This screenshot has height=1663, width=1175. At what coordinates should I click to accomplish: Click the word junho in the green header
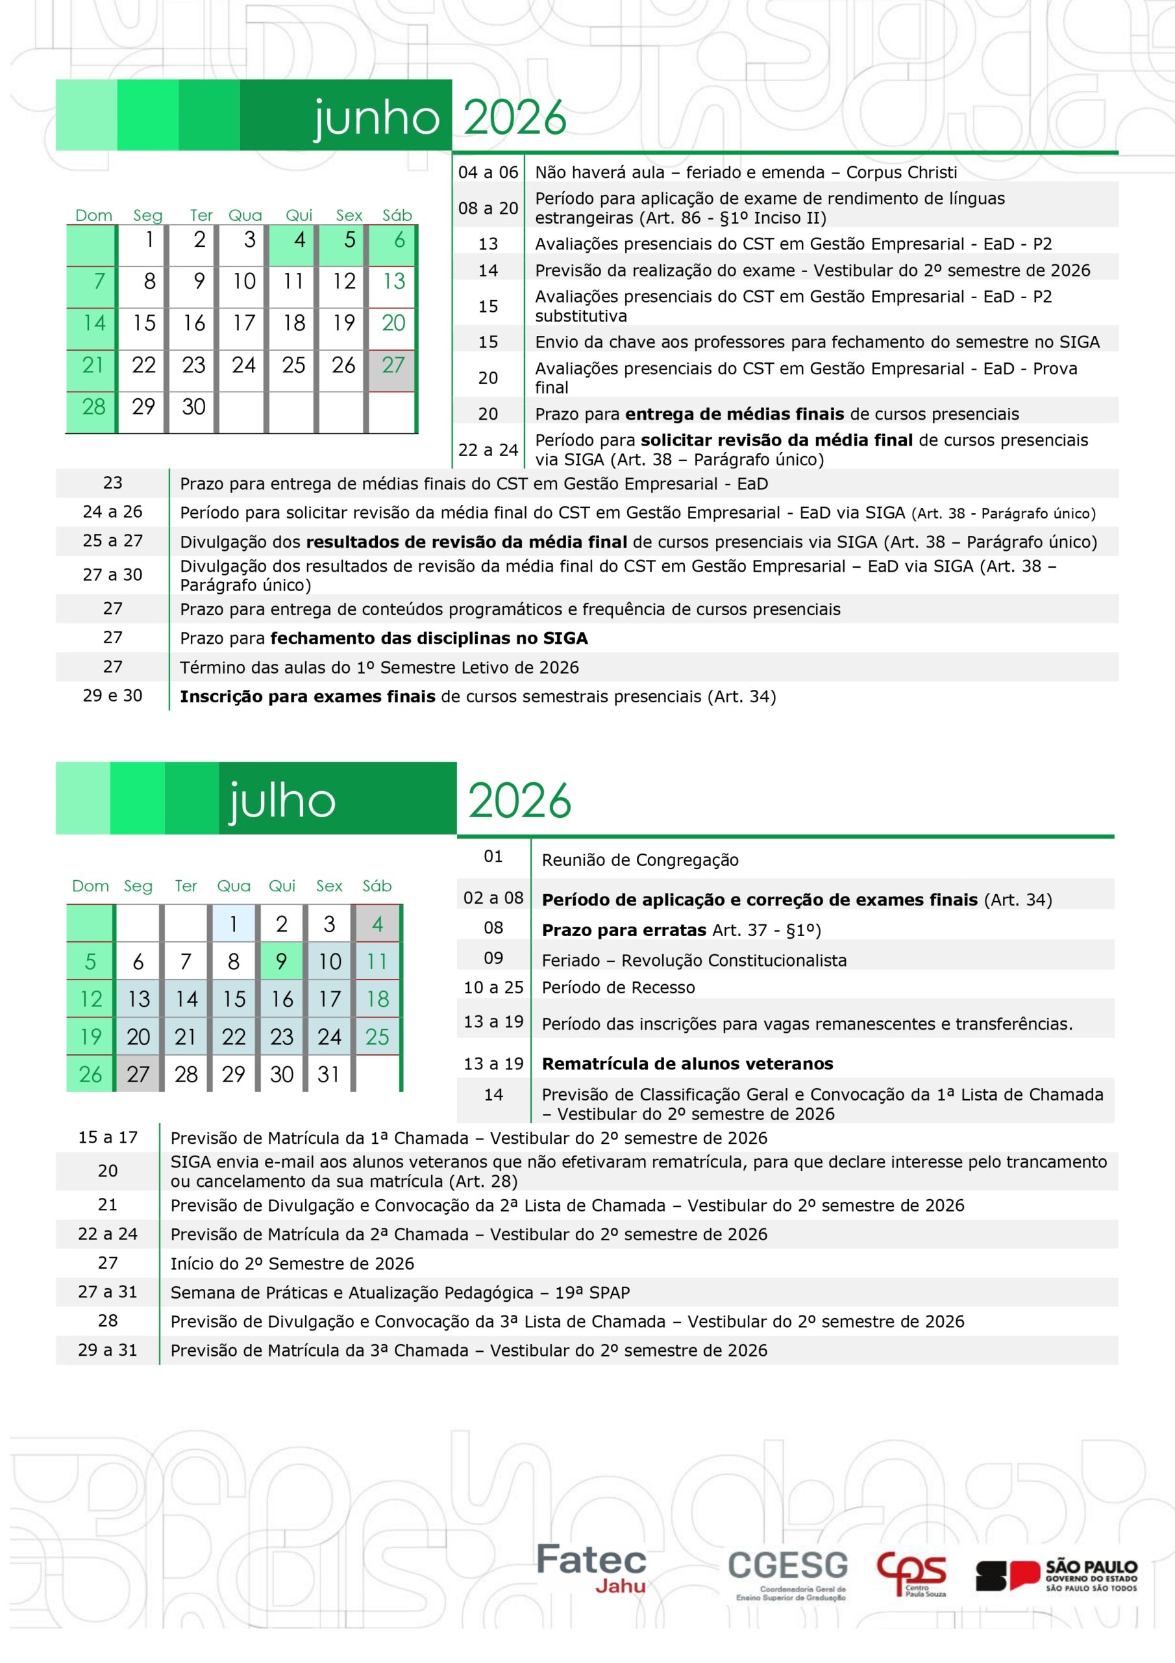(x=377, y=118)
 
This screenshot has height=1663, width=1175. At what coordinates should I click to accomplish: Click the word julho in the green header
(x=282, y=801)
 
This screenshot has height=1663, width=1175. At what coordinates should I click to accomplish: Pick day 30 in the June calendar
(x=193, y=407)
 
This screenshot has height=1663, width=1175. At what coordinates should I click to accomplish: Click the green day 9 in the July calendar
(x=282, y=962)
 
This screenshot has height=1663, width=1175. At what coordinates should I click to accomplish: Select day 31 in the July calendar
(x=328, y=1074)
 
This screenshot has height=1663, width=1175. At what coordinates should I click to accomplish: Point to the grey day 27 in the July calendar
(x=138, y=1074)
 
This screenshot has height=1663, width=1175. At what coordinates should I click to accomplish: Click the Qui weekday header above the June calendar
(x=299, y=216)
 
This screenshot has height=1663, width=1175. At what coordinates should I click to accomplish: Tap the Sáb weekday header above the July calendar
(x=377, y=887)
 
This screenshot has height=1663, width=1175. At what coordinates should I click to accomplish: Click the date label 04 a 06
(x=488, y=172)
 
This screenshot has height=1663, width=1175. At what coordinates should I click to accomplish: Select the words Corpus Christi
(x=901, y=172)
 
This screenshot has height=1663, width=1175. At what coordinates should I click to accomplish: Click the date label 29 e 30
(x=112, y=696)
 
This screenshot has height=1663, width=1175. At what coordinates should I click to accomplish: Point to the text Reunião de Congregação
(x=640, y=861)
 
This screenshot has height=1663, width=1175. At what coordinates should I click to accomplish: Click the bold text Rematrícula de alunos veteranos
(x=687, y=1064)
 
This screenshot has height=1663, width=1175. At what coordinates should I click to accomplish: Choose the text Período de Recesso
(x=618, y=988)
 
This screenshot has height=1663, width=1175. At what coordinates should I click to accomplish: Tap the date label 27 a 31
(x=107, y=1292)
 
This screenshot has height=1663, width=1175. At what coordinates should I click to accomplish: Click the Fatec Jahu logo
(x=591, y=1568)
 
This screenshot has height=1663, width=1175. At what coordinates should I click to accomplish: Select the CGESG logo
(x=788, y=1573)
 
